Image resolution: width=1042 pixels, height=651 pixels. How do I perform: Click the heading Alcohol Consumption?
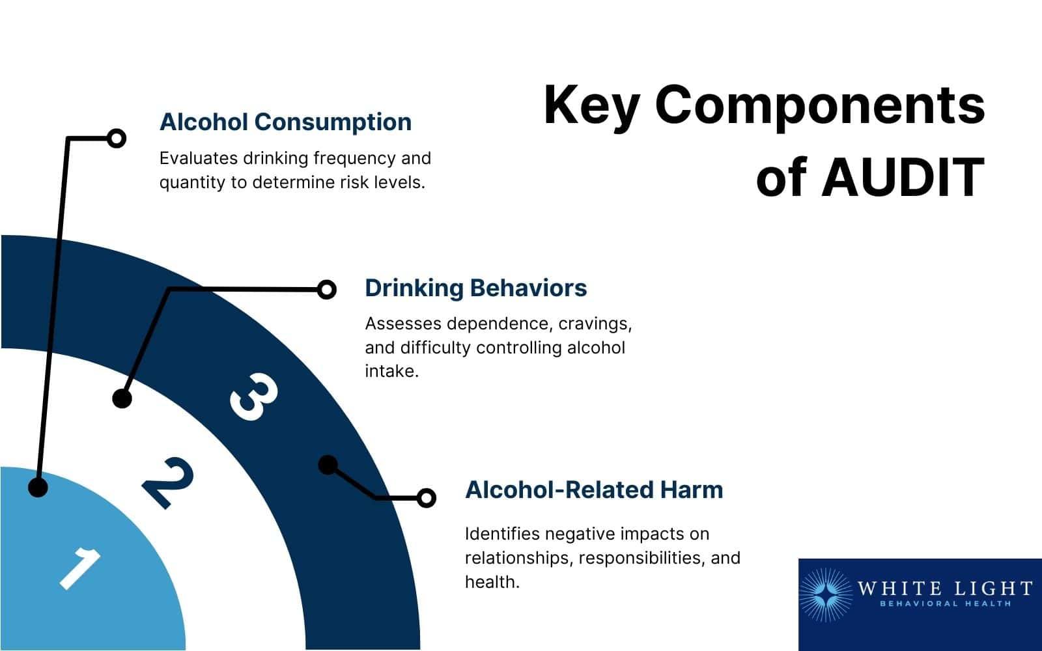point(285,122)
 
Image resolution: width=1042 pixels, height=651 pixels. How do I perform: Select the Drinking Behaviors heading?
point(475,288)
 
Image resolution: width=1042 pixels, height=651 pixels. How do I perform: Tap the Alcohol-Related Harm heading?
point(594,490)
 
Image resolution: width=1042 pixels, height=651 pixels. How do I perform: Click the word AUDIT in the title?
point(903,176)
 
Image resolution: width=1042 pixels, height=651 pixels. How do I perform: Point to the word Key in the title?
point(591,106)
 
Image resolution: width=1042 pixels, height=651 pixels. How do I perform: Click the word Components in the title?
point(820,105)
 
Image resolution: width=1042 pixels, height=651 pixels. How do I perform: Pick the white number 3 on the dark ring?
point(253,396)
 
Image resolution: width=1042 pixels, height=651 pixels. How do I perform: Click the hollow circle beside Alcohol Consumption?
point(117,138)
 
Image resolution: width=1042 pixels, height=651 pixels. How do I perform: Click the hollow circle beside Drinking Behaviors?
point(327,289)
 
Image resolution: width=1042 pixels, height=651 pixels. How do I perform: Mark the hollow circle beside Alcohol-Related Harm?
point(426,498)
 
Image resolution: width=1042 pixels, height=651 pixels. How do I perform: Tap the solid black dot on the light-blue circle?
point(38,487)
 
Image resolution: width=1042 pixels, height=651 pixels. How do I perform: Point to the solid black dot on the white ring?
point(122,398)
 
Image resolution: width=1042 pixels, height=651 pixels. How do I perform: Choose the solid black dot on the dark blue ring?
point(328,465)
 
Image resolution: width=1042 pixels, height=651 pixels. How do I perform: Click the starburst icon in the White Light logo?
point(825,595)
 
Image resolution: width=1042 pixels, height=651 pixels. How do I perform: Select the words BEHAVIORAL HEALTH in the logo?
point(945,604)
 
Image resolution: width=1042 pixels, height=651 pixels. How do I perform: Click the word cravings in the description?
point(593,324)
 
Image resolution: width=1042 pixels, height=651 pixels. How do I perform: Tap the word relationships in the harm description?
point(518,558)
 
